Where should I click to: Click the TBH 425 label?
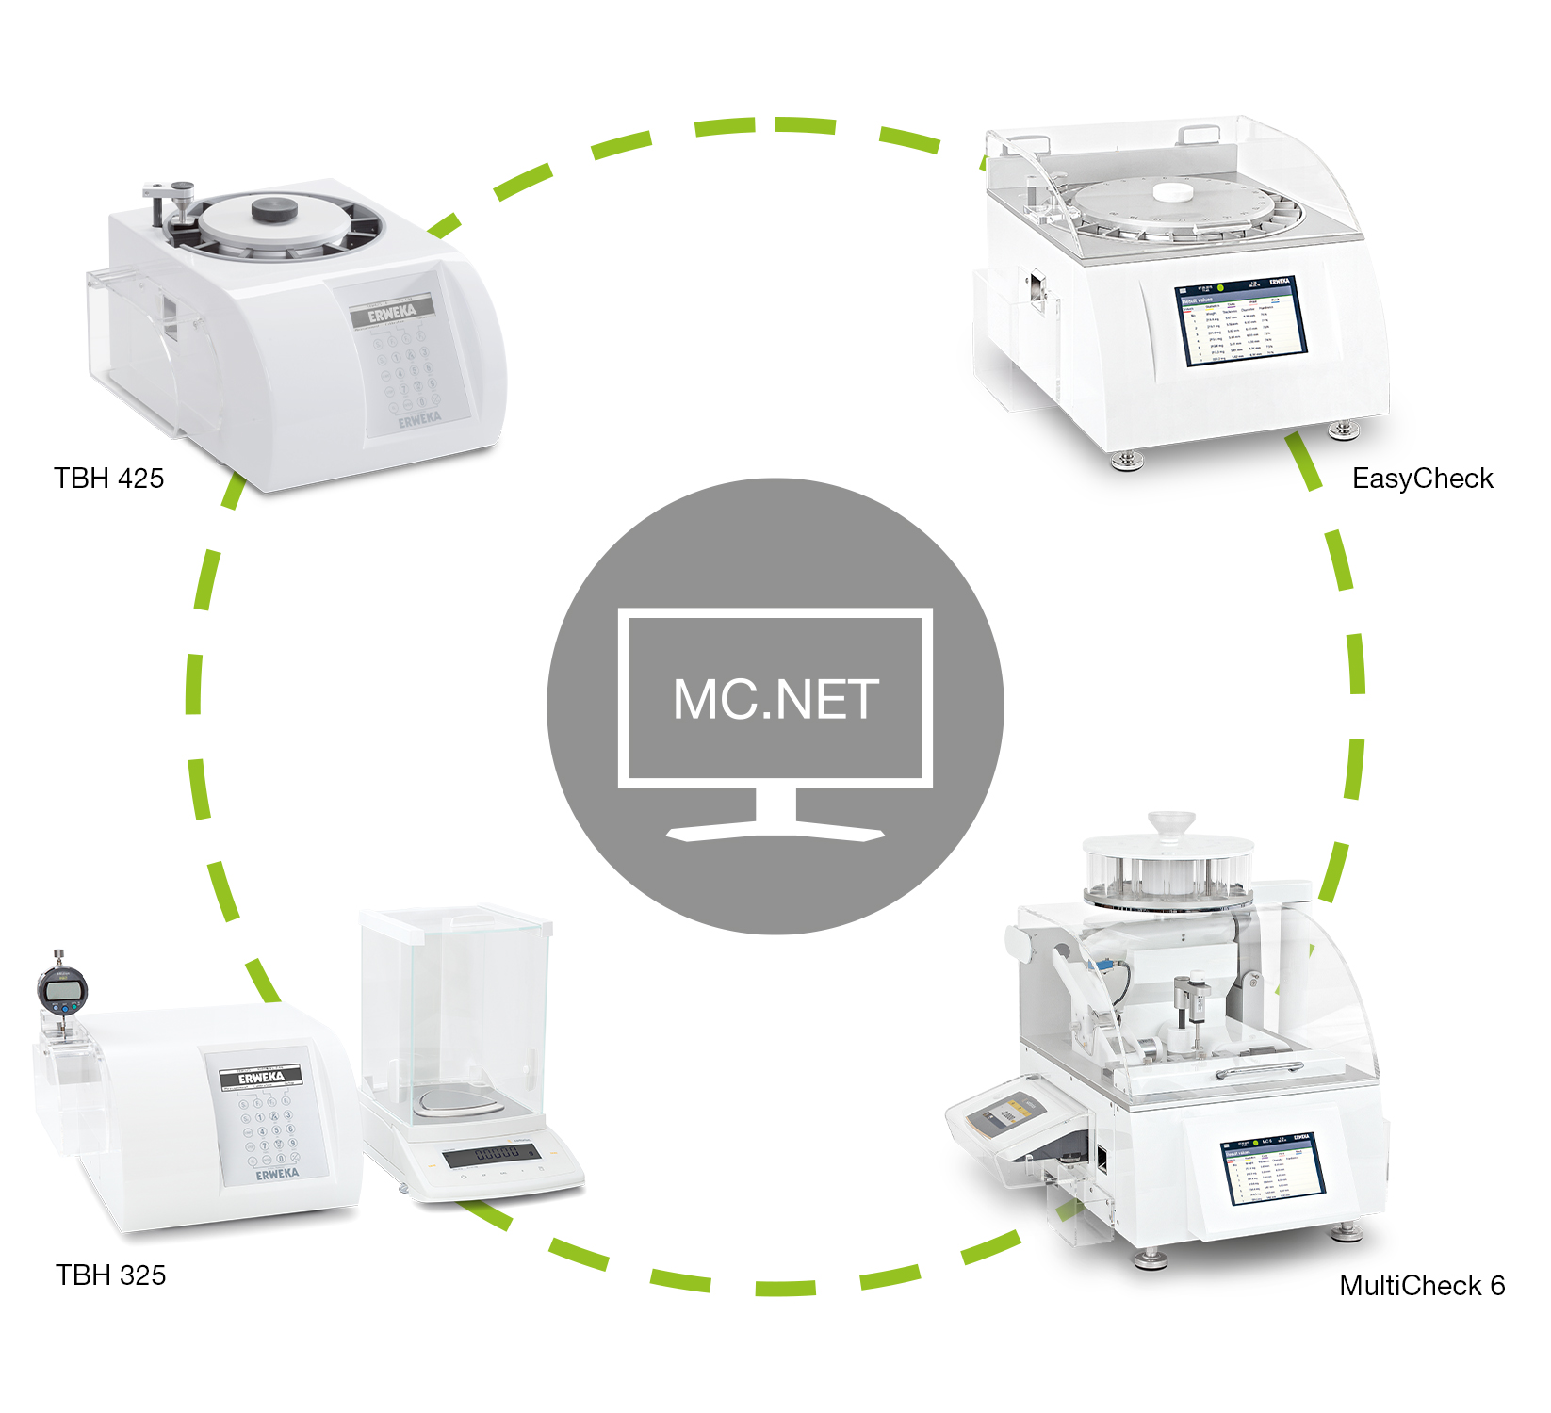coord(108,478)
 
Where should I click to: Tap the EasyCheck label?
coord(1422,478)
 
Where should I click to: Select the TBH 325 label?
coord(110,1275)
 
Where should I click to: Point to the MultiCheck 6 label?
coord(1421,1285)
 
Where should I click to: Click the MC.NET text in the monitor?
coord(775,699)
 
